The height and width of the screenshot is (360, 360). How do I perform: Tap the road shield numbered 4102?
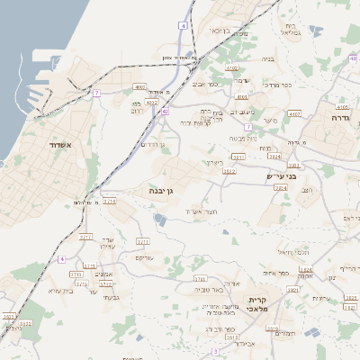pos(232,68)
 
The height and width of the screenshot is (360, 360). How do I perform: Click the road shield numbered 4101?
pos(241,96)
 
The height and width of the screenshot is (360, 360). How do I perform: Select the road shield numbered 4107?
pos(294,114)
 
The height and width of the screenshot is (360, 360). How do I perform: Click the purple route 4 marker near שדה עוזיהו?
pos(62,259)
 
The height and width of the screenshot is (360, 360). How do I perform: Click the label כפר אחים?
pos(276,273)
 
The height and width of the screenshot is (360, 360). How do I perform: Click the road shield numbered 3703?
pos(200,279)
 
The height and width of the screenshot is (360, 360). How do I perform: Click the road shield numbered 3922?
pos(229,170)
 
